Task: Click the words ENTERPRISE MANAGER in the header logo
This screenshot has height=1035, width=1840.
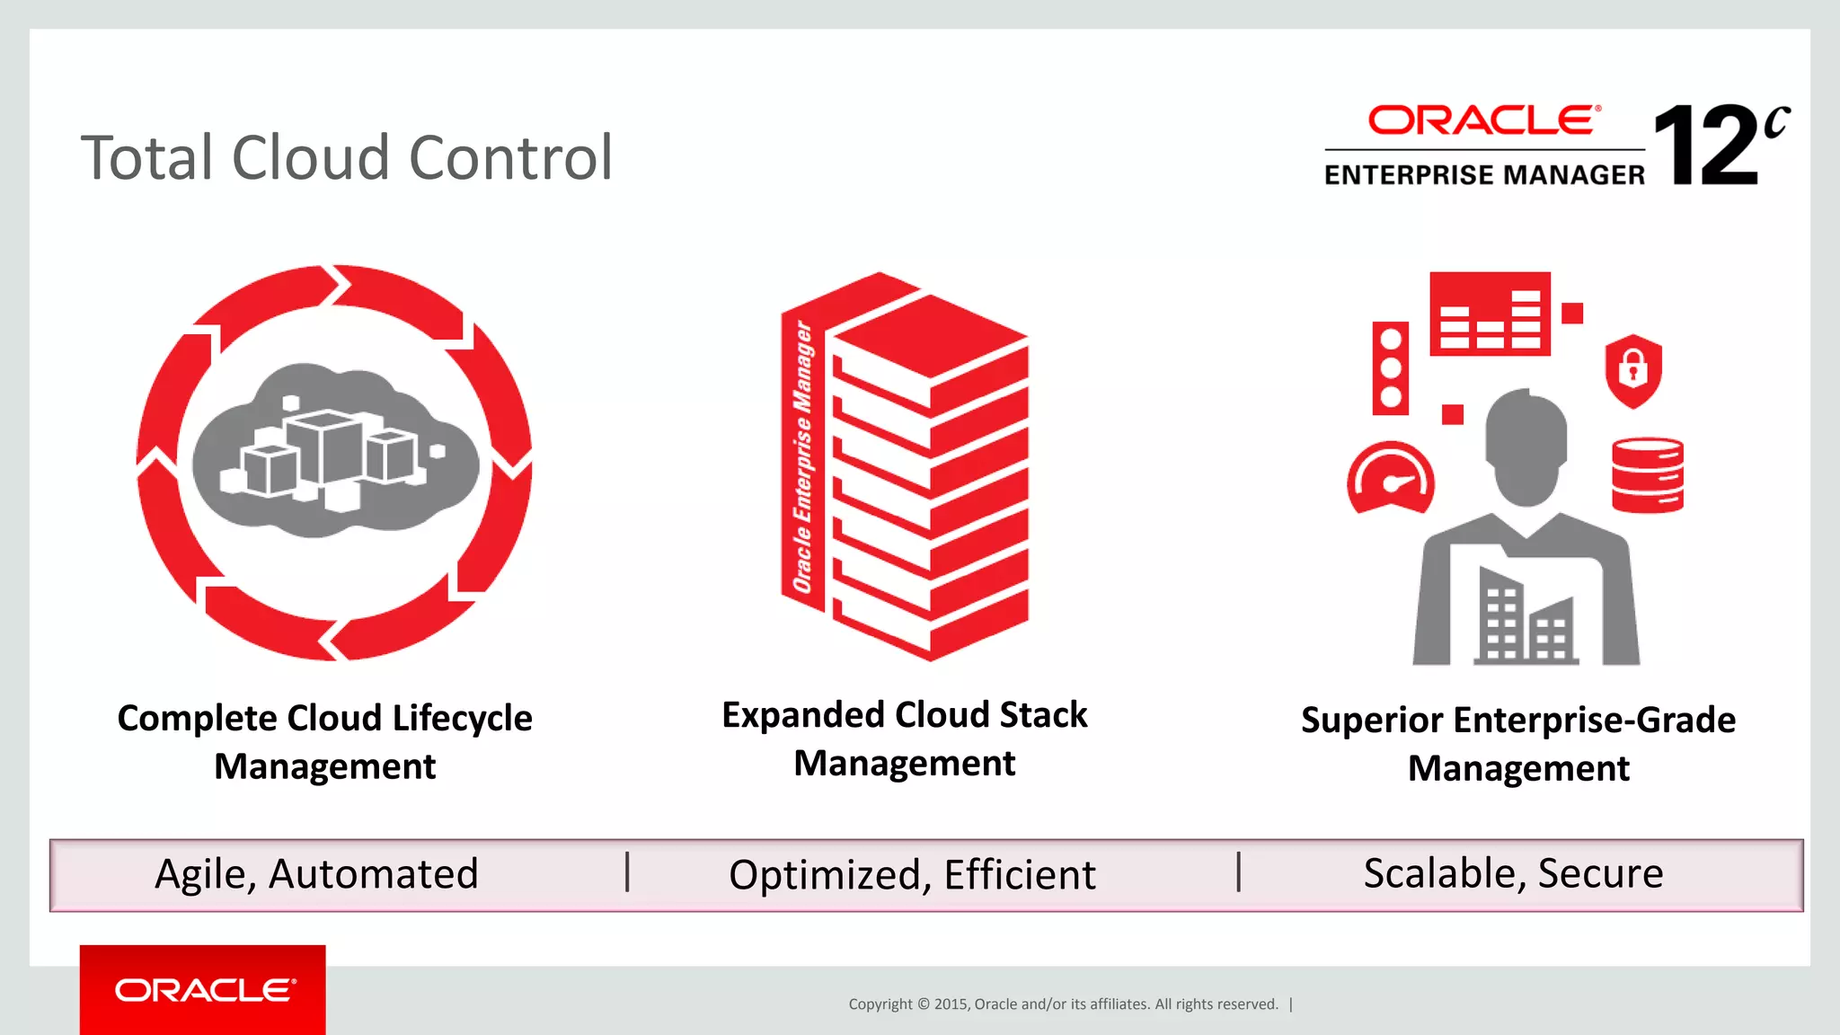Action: [x=1484, y=174]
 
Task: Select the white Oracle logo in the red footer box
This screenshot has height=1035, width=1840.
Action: [x=204, y=990]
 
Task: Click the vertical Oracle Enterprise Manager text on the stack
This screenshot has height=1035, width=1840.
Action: [x=803, y=458]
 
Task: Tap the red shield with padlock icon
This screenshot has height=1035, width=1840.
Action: [x=1632, y=369]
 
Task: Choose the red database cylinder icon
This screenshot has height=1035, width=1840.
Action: [x=1647, y=474]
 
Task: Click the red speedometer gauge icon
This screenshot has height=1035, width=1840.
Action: [x=1390, y=478]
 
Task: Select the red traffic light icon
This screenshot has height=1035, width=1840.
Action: [x=1390, y=367]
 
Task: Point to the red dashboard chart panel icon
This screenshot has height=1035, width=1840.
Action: [x=1490, y=314]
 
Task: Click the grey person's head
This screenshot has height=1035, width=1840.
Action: [x=1526, y=445]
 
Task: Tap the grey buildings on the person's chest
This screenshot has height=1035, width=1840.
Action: [x=1526, y=618]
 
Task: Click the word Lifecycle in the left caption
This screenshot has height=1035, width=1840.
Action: [x=462, y=719]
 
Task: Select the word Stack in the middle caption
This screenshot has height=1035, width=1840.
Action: [x=1042, y=715]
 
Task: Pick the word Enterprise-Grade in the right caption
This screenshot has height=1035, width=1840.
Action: [x=1594, y=721]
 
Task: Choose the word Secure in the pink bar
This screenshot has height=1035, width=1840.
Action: [x=1600, y=873]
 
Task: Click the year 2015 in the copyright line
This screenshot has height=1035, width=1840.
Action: [x=951, y=1004]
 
